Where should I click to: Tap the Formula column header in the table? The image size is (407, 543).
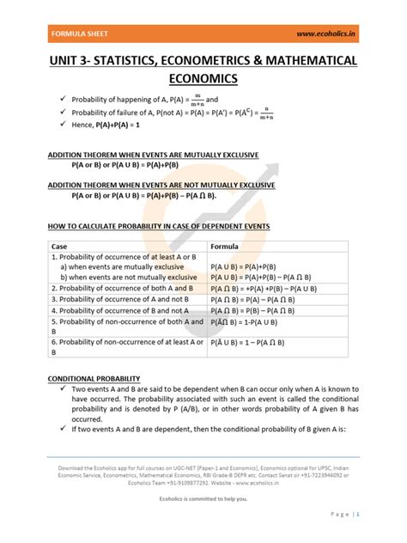(225, 245)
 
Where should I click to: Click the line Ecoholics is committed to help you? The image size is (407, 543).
(203, 496)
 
